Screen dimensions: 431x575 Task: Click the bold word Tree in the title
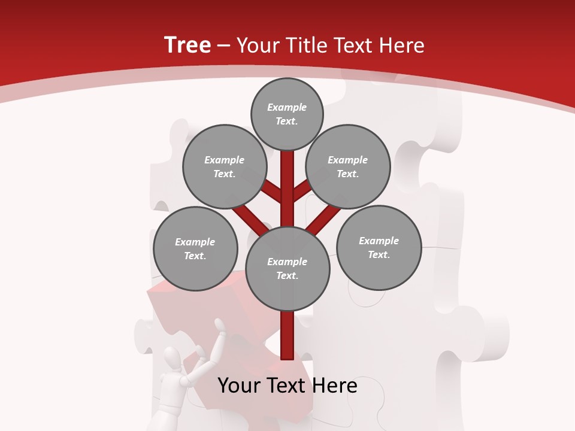187,45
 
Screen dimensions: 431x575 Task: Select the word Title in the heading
307,45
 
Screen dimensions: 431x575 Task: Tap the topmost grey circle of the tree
287,114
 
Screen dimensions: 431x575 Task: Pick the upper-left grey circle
224,167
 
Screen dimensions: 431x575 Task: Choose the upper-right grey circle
347,167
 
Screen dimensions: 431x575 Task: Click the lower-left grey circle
195,248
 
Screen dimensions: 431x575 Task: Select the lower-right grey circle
379,247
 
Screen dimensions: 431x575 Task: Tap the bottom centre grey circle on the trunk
287,268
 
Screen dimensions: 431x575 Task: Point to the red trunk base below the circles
287,335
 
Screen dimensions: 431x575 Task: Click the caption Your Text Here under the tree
287,386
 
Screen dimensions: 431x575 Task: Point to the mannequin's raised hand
220,326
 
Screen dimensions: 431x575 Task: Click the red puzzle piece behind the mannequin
180,305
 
